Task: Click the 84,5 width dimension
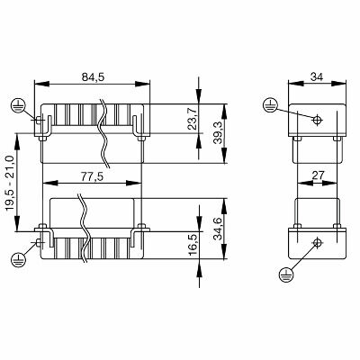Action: point(92,77)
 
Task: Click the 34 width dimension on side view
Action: point(313,78)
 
